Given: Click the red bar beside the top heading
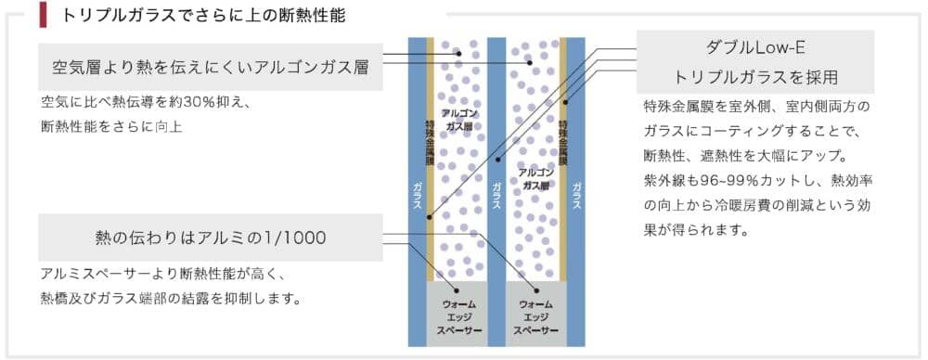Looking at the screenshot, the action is tap(43, 15).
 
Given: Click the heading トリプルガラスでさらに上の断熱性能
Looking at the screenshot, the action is tap(203, 16).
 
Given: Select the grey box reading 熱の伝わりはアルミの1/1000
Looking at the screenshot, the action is tap(210, 238).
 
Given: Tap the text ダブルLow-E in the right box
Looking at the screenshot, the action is tap(755, 48).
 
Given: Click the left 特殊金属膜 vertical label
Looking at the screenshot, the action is tap(430, 143).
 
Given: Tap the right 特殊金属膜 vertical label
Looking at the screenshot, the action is tap(563, 143).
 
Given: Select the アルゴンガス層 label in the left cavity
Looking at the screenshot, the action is tap(460, 119).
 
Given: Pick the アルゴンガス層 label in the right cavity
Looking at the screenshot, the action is tap(535, 178).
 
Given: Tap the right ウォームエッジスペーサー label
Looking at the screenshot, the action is tap(535, 316).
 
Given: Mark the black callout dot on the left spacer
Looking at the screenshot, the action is tap(457, 290).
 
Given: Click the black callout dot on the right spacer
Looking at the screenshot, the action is tap(536, 290).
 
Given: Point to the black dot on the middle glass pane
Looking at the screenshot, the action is tap(497, 160).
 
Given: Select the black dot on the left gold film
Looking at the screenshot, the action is tap(430, 217).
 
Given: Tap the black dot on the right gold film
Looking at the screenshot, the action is tap(565, 102).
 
